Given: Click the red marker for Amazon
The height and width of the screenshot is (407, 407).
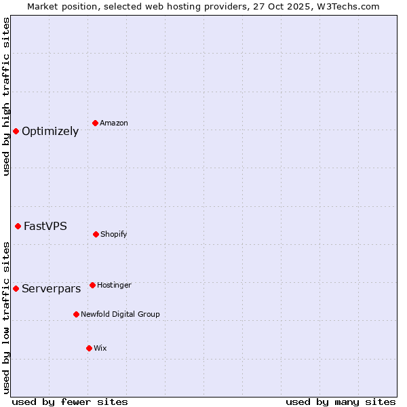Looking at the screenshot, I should click(x=96, y=123).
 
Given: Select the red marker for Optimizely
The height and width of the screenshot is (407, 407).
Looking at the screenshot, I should click(x=16, y=131).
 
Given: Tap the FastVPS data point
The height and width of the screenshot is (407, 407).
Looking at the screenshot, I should click(x=18, y=226).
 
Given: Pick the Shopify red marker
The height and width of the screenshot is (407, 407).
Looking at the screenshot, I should click(x=96, y=234).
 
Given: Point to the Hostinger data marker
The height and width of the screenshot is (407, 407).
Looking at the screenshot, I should click(x=92, y=285).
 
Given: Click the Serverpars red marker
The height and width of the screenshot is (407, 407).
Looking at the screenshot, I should click(x=16, y=288).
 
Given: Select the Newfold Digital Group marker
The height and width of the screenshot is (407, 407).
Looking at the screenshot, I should click(x=76, y=314).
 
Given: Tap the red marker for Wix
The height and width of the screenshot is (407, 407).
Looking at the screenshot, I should click(x=89, y=348).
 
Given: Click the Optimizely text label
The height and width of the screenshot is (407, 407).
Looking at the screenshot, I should click(x=50, y=132).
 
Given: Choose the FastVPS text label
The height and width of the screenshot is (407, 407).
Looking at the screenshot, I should click(x=45, y=227).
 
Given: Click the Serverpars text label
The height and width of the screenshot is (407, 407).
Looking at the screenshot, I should click(x=52, y=289).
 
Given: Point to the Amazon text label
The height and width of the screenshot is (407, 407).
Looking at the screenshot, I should click(x=114, y=123).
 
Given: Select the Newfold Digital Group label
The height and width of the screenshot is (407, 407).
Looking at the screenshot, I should click(x=121, y=315).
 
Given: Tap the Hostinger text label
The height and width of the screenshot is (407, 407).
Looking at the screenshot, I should click(x=114, y=286).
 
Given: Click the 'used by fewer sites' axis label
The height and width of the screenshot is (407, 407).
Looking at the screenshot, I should click(x=70, y=402).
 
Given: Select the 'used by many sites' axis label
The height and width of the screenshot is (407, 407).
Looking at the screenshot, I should click(x=341, y=402).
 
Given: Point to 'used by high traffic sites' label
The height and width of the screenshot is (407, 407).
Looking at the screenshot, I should click(x=7, y=97).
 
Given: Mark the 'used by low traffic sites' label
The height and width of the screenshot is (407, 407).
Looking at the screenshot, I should click(x=7, y=317).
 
